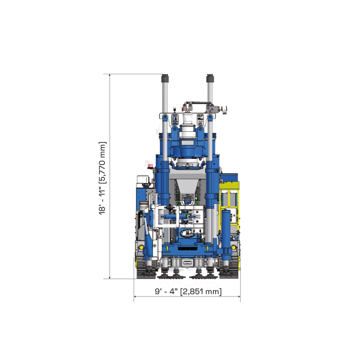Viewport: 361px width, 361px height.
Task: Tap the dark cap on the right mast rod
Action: coord(210,77)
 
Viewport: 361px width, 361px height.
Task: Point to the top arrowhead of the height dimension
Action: coord(110,75)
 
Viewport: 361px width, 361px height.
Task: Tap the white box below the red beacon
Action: coord(142,179)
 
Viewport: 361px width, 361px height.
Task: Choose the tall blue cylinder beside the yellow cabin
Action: coord(226,226)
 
